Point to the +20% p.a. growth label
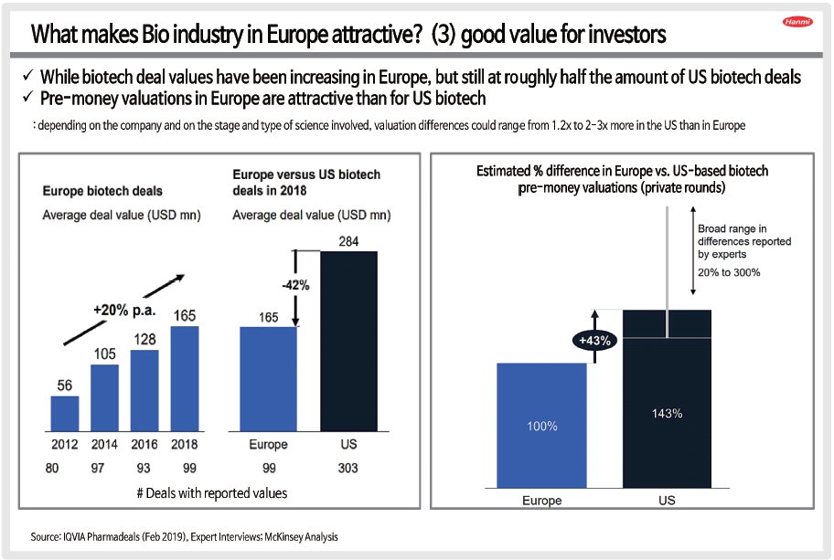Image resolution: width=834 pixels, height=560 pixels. coord(124,311)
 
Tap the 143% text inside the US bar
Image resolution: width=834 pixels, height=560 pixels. coord(667,413)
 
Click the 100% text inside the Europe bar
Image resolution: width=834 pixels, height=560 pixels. coord(541,427)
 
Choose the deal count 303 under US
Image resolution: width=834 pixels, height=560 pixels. coord(347,469)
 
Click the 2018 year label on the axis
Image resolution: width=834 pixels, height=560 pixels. coord(184,445)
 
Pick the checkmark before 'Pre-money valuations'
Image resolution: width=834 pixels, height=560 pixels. coord(27,97)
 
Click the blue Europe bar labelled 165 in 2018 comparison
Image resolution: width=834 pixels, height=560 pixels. coord(268,377)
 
